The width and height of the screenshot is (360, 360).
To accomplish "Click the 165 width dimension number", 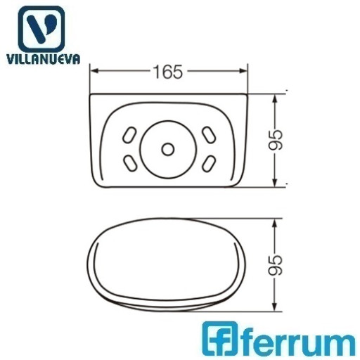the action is coord(168,72).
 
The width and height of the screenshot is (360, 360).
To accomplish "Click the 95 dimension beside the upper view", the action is coord(276,140).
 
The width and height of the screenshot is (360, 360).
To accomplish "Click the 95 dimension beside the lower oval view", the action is coord(276,265).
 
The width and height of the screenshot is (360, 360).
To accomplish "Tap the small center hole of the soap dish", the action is coord(168,149).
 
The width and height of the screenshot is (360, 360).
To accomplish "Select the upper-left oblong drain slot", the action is coord(129,135).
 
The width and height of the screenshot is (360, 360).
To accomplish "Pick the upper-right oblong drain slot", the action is coord(209,135).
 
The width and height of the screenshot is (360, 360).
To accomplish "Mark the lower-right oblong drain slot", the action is coord(209,163).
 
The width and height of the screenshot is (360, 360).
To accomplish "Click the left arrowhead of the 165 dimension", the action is coord(94,71).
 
